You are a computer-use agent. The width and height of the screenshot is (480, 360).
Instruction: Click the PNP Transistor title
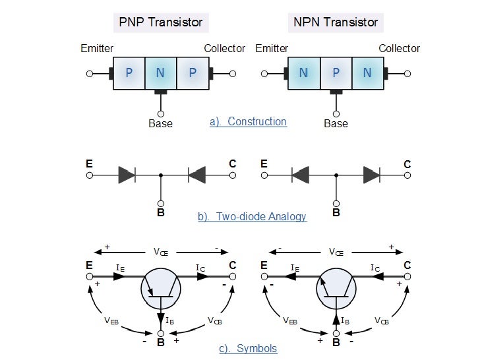pos(161,22)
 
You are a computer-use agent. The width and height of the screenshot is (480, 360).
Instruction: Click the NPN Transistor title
pos(336,22)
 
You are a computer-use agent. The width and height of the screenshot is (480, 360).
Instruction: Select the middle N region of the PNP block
pos(160,73)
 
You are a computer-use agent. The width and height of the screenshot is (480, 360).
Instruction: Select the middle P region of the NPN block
pos(336,73)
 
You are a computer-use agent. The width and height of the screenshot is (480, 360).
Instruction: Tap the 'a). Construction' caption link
pos(248,121)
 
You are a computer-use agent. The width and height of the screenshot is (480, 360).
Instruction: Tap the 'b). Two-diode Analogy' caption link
pos(252,216)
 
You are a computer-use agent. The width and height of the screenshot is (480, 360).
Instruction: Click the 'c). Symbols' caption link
pos(248,348)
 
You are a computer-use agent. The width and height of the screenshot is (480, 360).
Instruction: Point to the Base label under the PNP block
pos(160,123)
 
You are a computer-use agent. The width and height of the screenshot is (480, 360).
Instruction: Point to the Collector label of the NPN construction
pos(399,48)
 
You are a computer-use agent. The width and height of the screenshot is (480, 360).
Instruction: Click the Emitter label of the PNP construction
pos(97,48)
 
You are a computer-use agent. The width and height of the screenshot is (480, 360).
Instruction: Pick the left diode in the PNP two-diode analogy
pos(127,175)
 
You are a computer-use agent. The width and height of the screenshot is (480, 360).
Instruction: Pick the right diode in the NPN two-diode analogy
pos(371,175)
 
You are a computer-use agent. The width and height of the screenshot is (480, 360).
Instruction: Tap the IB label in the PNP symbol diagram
pos(170,321)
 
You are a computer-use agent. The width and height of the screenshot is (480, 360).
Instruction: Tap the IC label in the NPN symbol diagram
pos(375,268)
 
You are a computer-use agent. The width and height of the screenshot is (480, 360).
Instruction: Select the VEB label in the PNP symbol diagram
pos(112,320)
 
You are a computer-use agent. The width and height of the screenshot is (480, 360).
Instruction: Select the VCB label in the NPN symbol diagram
pos(382,320)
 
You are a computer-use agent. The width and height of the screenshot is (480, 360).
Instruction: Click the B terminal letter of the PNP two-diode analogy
pos(160,213)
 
